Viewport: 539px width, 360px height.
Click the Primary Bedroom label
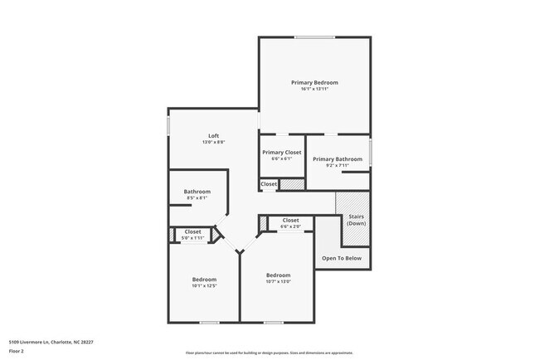[314, 82]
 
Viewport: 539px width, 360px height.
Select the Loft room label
[213, 135]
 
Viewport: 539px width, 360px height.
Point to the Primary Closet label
[282, 152]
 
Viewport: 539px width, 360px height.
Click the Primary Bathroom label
[337, 158]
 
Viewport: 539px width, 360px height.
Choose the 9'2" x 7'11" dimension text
[337, 165]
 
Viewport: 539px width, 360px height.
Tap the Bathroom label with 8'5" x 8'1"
[197, 192]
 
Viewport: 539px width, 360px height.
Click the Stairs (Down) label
[356, 220]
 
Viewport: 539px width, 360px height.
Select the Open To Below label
[342, 258]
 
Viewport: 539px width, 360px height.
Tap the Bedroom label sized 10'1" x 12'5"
[204, 279]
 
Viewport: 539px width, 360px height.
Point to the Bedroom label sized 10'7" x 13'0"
[278, 275]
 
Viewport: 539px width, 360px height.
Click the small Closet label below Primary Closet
[269, 183]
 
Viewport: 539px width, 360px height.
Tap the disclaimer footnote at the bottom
[269, 352]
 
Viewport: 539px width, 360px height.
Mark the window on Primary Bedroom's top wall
[314, 36]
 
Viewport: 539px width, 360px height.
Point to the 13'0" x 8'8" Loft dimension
[213, 142]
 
